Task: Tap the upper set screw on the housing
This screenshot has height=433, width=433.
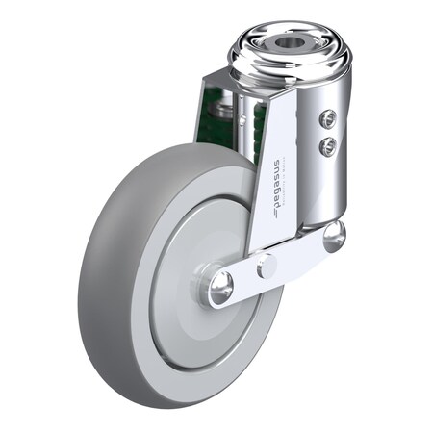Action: (x=327, y=118)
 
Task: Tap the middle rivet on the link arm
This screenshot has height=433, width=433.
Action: (x=267, y=266)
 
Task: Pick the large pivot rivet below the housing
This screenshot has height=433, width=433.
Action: (x=333, y=236)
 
